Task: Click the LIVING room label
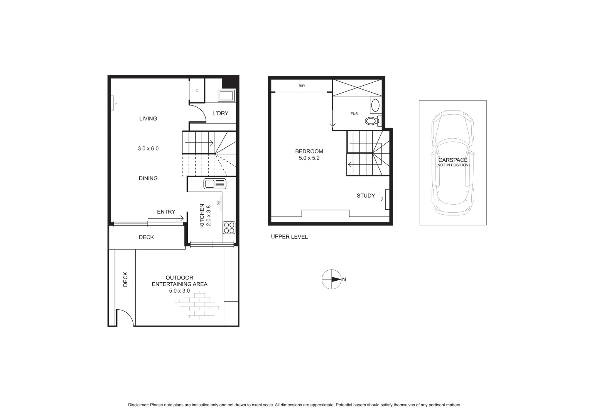point(148,119)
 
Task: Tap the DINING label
point(148,178)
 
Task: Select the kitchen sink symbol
point(214,184)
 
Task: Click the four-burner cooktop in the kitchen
point(229,228)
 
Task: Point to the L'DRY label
point(221,114)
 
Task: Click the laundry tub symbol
point(226,96)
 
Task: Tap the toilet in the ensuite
point(372,121)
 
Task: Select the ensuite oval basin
point(375,105)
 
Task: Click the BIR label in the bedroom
point(302,86)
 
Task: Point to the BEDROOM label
point(309,151)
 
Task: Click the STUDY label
point(366,196)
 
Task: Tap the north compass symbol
point(331,279)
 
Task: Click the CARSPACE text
point(453,160)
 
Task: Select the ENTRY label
point(166,212)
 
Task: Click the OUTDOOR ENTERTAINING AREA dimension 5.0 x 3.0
point(179,291)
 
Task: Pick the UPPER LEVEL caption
point(289,237)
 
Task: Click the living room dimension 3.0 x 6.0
point(148,148)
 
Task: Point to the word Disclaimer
point(138,405)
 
